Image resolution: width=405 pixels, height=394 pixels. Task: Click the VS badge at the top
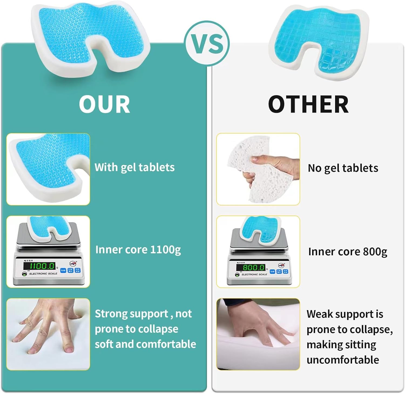click(x=207, y=43)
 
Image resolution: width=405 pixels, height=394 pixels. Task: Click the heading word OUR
click(x=104, y=104)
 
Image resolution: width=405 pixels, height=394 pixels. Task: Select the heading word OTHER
click(x=308, y=104)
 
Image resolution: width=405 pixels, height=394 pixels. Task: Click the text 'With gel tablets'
click(x=134, y=168)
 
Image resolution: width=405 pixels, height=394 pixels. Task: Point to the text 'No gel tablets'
click(x=343, y=168)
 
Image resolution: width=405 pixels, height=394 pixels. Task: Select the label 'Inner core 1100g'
click(x=138, y=250)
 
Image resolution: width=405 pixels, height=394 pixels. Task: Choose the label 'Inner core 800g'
click(x=347, y=252)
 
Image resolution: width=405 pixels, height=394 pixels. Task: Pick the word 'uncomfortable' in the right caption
click(x=343, y=360)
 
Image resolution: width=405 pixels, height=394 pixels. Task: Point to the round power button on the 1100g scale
click(x=25, y=274)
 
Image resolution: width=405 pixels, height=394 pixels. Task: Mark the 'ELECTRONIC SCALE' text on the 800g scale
click(x=254, y=274)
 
